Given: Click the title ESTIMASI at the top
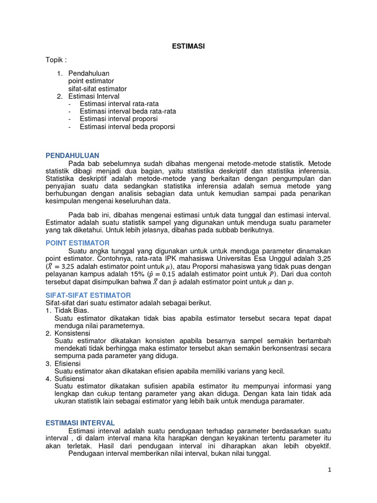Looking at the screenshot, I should (x=188, y=46).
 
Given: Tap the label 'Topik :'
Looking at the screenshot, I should (x=56, y=60).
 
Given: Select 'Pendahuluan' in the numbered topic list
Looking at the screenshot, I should (x=88, y=73).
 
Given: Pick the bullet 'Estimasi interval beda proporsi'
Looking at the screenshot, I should (x=127, y=127).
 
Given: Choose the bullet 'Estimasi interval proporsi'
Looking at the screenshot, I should (x=119, y=119).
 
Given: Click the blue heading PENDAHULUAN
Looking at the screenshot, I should (x=72, y=155).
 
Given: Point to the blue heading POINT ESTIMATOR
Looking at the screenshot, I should (x=78, y=243).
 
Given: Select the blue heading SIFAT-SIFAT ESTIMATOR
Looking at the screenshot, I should (x=88, y=295).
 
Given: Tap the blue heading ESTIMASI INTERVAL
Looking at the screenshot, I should (x=80, y=422).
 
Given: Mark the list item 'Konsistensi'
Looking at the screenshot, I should (x=72, y=333).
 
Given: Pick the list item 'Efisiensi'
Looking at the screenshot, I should (x=68, y=363).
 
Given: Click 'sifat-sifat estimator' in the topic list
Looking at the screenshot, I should (x=97, y=89).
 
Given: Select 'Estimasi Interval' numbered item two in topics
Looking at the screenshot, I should (x=93, y=96).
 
